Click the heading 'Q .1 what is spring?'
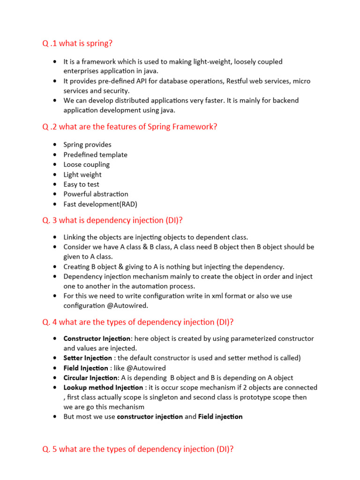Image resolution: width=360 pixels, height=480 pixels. (77, 44)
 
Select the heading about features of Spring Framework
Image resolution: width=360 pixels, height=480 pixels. (130, 127)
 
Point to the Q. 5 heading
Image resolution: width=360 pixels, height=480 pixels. (138, 449)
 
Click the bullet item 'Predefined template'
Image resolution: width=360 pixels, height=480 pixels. (95, 155)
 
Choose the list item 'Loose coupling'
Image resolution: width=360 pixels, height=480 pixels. (86, 165)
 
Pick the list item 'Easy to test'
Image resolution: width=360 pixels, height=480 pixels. (81, 184)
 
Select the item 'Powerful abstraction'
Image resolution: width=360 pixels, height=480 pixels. (96, 194)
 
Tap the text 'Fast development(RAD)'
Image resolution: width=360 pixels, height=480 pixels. (100, 204)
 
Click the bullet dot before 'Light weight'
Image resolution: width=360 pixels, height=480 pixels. (55, 174)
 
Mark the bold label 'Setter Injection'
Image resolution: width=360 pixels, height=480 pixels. (88, 358)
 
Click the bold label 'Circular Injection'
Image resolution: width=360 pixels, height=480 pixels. (90, 378)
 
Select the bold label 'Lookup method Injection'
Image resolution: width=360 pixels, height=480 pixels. (103, 388)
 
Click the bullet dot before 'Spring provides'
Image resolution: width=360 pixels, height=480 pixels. (55, 145)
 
